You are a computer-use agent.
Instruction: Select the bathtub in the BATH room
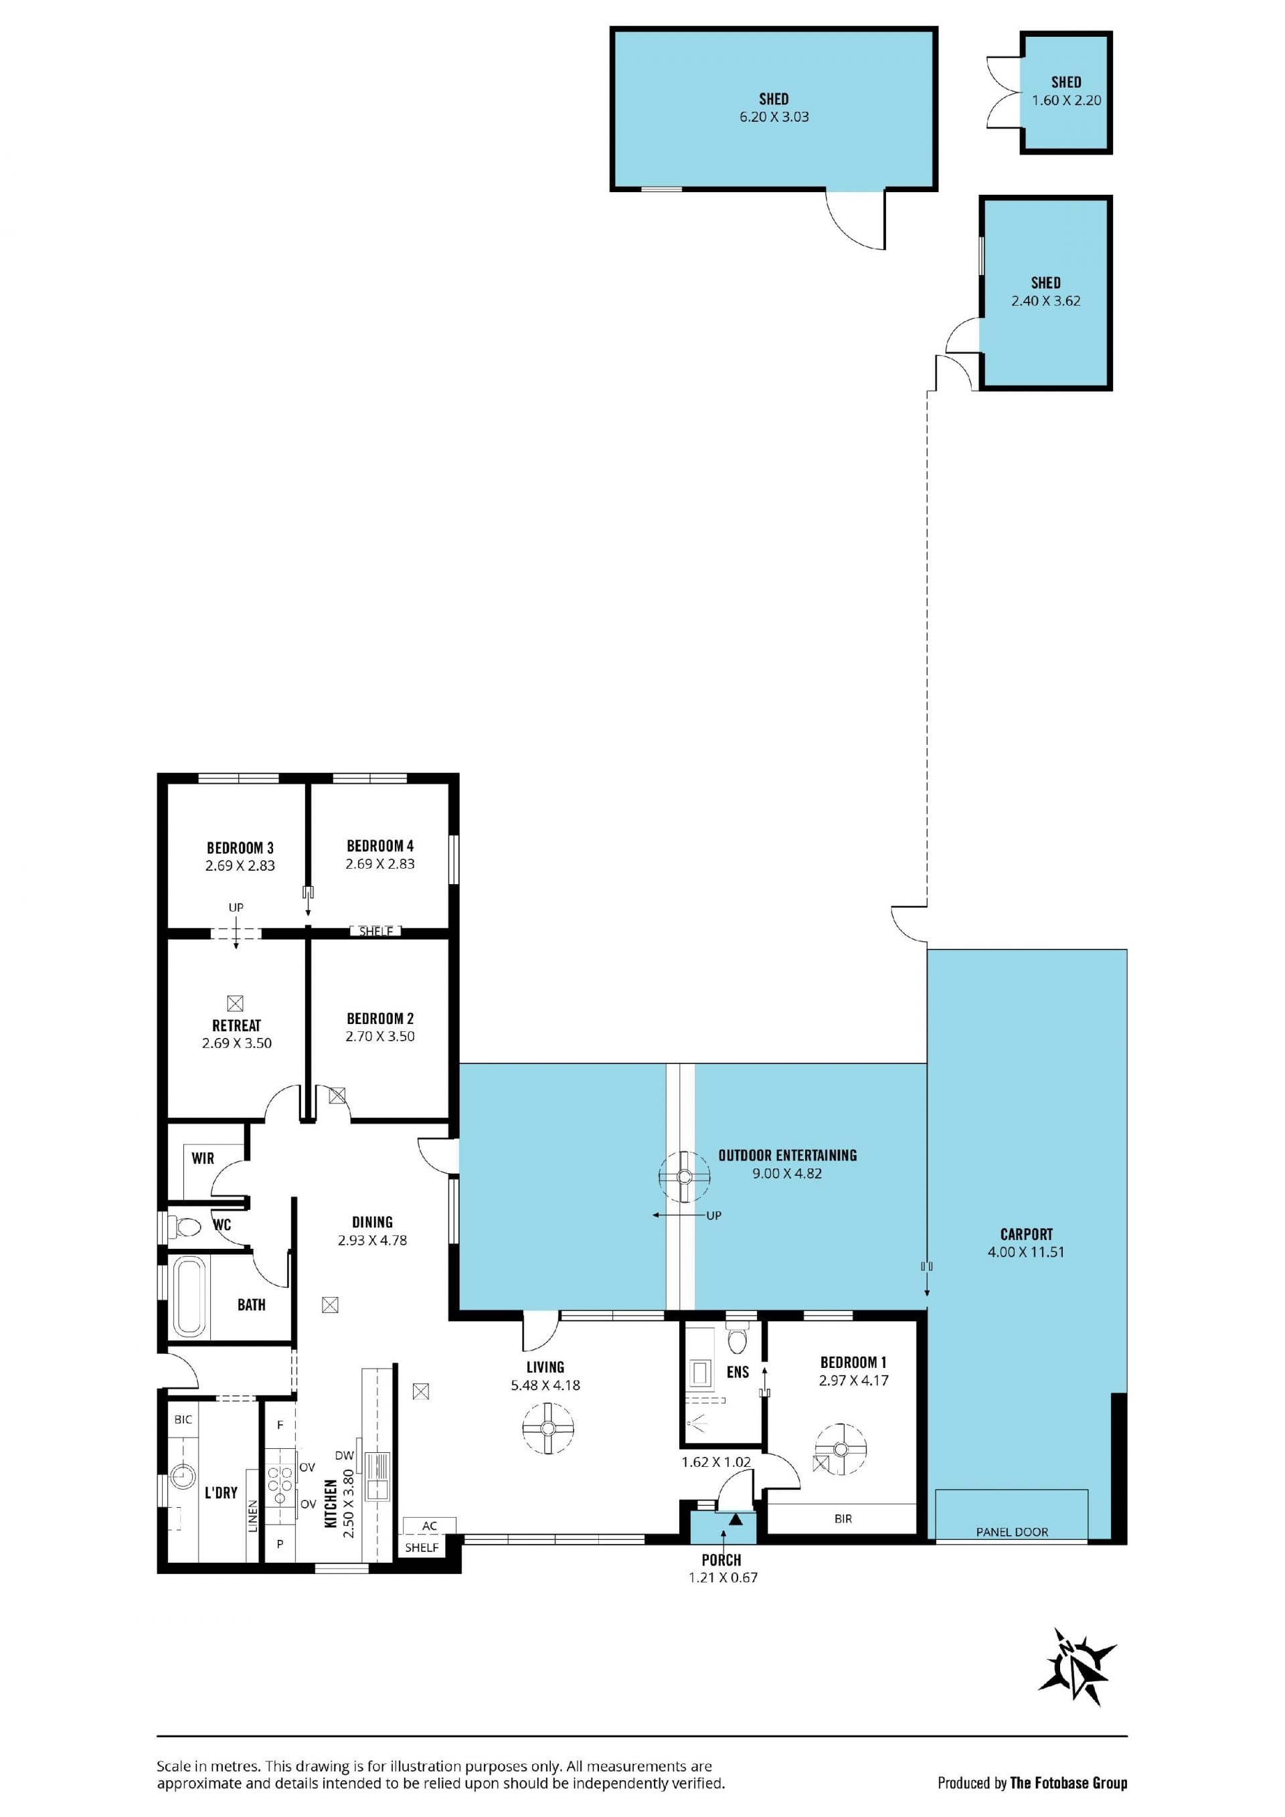pyautogui.click(x=189, y=1296)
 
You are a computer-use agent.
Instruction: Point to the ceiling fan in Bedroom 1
pyautogui.click(x=841, y=1449)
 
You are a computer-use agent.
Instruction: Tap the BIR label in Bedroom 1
pyautogui.click(x=843, y=1518)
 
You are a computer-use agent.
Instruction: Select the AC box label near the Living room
pyautogui.click(x=430, y=1526)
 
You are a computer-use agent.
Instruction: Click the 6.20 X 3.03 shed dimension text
pyautogui.click(x=774, y=116)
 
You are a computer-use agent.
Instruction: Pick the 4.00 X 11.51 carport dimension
pyautogui.click(x=1026, y=1252)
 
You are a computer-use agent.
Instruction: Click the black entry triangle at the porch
pyautogui.click(x=736, y=1519)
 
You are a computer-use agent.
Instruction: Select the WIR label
pyautogui.click(x=203, y=1158)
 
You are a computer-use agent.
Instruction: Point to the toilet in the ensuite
pyautogui.click(x=737, y=1341)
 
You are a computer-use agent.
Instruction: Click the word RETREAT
pyautogui.click(x=236, y=1025)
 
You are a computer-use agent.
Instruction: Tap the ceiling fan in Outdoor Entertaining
pyautogui.click(x=685, y=1177)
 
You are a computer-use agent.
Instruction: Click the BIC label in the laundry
pyautogui.click(x=183, y=1419)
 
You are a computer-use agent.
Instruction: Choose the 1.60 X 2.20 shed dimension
pyautogui.click(x=1067, y=100)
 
